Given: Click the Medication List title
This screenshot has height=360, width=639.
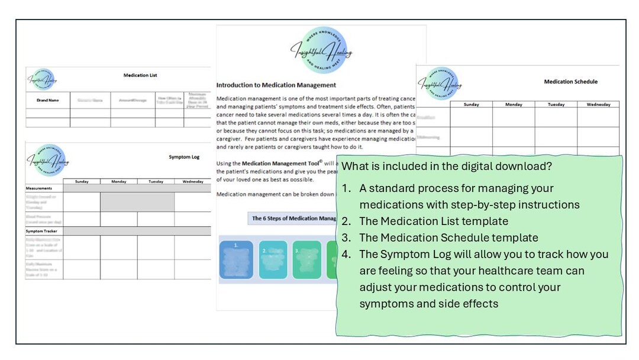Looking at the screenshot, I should click(140, 75).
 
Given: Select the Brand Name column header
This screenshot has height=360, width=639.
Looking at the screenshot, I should click(47, 100).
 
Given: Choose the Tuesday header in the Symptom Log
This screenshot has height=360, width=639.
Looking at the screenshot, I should click(156, 182).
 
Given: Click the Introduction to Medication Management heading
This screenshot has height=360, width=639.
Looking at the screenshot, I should click(276, 85).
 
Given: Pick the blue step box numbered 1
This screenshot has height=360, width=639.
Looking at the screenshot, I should click(236, 259).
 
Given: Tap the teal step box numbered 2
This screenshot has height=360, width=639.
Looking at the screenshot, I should click(273, 259).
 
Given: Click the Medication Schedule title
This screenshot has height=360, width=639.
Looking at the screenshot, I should click(570, 82).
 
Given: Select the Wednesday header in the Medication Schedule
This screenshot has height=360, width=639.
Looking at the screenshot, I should click(598, 105).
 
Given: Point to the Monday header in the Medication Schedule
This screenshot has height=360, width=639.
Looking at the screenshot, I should click(514, 105).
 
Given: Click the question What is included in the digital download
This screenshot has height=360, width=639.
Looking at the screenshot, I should click(447, 167).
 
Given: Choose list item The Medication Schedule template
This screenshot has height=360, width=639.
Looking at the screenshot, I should click(448, 237).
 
